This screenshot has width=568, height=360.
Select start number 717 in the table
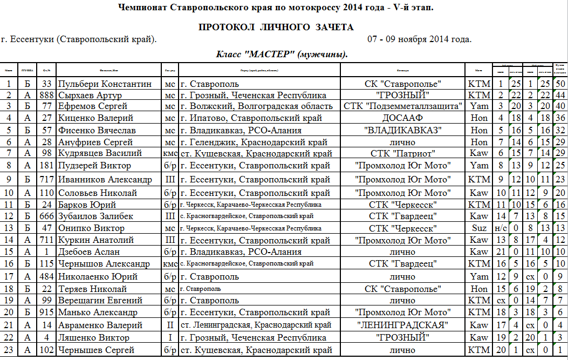click(x=46, y=179)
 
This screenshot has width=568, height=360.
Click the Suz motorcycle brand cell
click(x=478, y=228)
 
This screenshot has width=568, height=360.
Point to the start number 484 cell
click(x=46, y=277)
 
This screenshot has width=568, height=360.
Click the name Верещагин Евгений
click(x=100, y=301)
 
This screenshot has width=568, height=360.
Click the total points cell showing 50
click(x=560, y=84)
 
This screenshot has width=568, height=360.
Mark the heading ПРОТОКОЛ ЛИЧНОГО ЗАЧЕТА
click(x=276, y=28)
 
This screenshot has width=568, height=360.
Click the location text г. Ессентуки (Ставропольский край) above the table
click(x=79, y=39)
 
